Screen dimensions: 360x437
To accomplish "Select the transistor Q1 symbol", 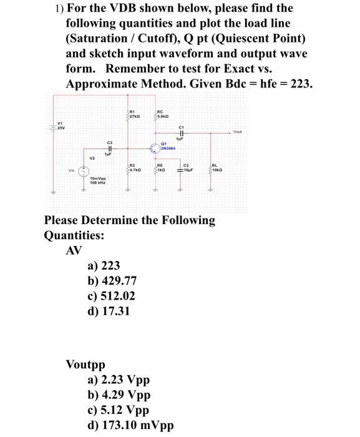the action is point(153,149).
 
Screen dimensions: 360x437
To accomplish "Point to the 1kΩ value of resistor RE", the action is point(162,170).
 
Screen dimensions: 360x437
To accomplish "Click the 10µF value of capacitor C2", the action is point(188,170).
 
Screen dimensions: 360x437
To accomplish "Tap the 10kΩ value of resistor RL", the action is point(218,170).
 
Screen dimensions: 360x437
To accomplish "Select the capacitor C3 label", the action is point(110,143).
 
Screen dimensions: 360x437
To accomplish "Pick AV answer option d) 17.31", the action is point(109,310).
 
